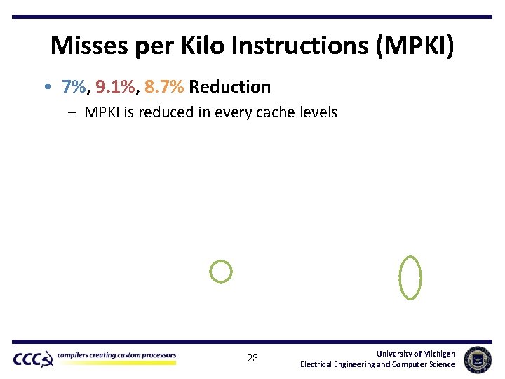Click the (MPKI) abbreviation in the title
point(416,47)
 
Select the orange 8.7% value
point(165,87)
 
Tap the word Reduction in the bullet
point(230,87)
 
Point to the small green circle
point(221,272)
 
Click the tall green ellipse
point(410,277)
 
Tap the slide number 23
point(252,359)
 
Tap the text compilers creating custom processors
point(116,355)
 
